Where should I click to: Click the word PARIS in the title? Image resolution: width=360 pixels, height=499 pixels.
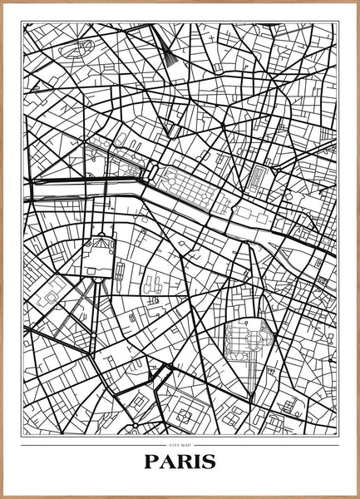pos(180,462)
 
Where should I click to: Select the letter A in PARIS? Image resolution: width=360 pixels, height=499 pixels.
pos(168,462)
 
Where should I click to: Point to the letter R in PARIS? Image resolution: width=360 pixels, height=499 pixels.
pos(184,462)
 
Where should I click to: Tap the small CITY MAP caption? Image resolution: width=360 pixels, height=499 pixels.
pos(180,447)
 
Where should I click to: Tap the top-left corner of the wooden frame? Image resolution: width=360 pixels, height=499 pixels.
pos(2,2)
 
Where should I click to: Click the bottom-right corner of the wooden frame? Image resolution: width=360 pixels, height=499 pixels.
pos(358,497)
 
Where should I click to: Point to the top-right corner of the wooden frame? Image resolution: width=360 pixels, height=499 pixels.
pos(358,2)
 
